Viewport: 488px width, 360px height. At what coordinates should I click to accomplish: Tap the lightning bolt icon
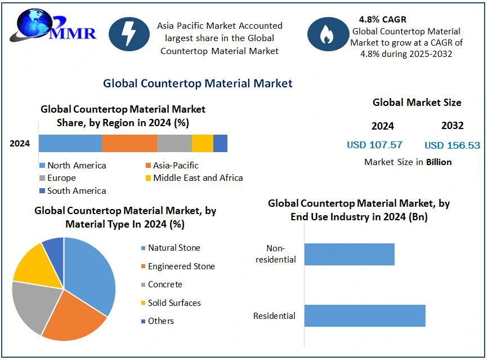tap(129, 34)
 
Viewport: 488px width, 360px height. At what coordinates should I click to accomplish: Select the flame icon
tap(327, 34)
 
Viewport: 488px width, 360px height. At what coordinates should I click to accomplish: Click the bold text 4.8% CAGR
tap(382, 20)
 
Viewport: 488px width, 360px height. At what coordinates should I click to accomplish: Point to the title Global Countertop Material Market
tap(198, 83)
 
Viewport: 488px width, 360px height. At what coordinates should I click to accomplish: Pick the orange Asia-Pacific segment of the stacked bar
tap(129, 144)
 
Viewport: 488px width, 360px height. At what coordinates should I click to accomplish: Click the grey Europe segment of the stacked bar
tap(174, 144)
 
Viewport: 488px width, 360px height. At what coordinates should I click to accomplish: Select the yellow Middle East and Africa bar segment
tap(202, 144)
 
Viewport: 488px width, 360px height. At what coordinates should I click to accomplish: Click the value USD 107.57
tap(374, 145)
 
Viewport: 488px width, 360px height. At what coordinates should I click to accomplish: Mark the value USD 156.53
tap(452, 145)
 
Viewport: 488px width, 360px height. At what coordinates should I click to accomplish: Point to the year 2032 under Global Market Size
tap(452, 126)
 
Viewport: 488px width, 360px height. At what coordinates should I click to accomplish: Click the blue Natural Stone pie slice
tap(90, 270)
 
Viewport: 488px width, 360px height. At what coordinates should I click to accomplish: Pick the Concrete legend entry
tap(165, 285)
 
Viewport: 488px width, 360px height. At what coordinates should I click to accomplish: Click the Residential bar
tap(364, 315)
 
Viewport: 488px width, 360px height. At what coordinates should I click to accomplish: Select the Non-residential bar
tap(349, 254)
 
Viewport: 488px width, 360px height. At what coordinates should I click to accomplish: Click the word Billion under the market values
tap(438, 162)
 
